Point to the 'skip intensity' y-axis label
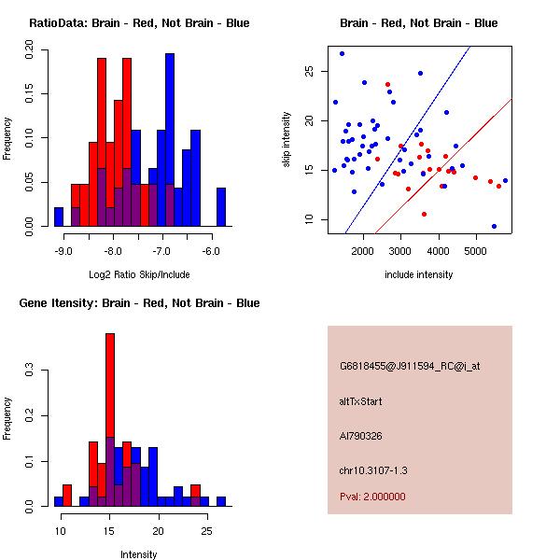(287, 140)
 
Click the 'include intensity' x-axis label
(418, 274)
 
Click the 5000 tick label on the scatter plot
(476, 251)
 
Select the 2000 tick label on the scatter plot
(363, 251)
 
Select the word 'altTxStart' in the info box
(361, 401)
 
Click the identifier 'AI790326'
(360, 435)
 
